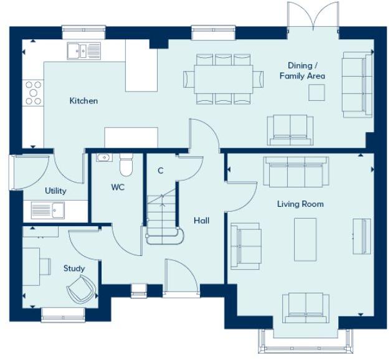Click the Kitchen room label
[x=83, y=100]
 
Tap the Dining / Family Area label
[x=302, y=70]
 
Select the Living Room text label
[x=300, y=204]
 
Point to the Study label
[x=74, y=268]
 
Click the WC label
[x=118, y=187]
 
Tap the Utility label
[x=55, y=191]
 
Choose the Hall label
[x=201, y=220]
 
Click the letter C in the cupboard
[x=160, y=171]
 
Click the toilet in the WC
[x=126, y=165]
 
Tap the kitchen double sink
[x=84, y=50]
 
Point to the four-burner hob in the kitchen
[x=33, y=93]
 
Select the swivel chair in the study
[x=82, y=289]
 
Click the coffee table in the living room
[x=305, y=239]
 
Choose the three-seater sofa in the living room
[x=296, y=171]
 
